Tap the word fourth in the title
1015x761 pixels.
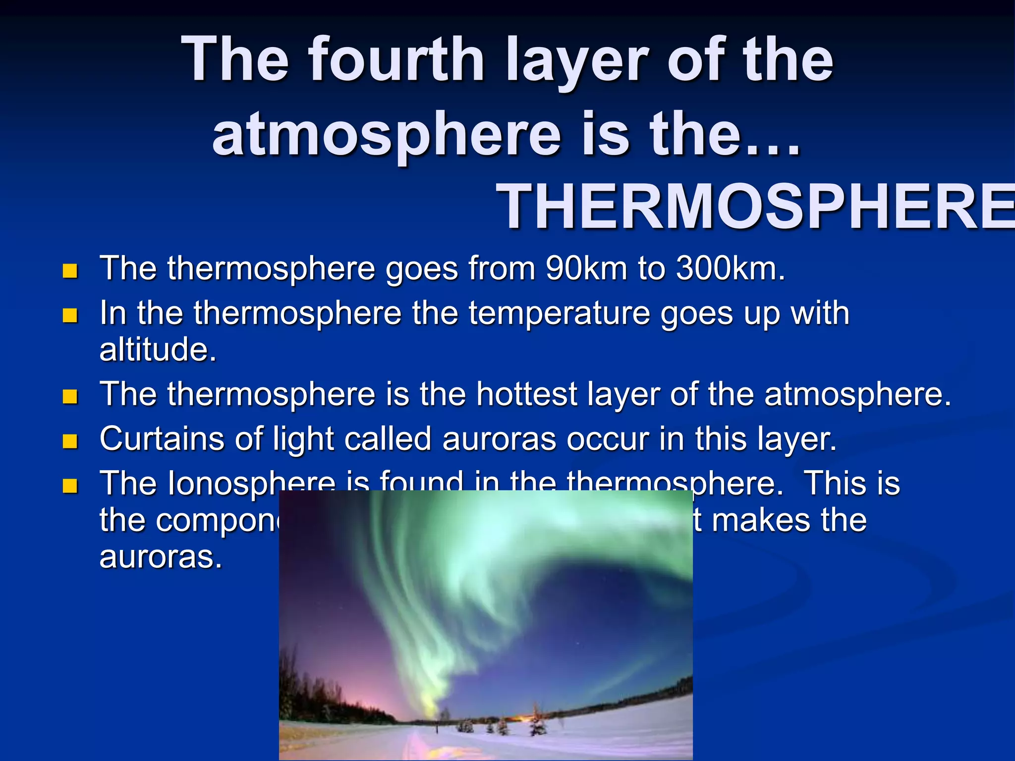(396, 59)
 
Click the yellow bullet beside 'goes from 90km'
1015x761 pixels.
(70, 271)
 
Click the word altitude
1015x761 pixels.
(158, 349)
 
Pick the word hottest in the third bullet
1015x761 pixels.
(527, 394)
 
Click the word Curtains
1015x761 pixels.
(162, 439)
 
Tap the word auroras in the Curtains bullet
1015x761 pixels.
(499, 440)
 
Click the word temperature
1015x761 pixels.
(559, 314)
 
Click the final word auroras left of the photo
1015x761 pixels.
(160, 557)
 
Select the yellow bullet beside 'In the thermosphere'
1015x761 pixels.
(70, 316)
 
